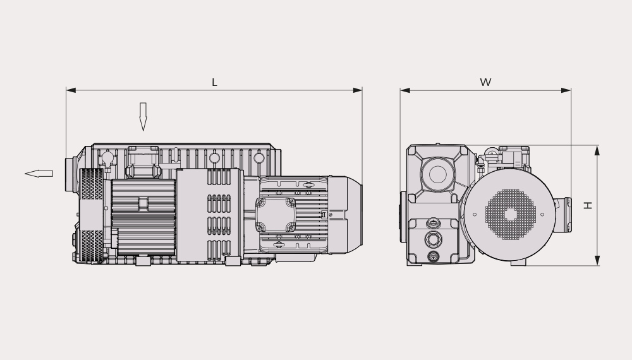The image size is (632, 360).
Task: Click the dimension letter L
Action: (x=214, y=83)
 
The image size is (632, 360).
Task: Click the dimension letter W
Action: (x=485, y=82)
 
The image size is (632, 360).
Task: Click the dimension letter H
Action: (x=588, y=205)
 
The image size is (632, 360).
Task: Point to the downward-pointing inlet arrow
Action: (x=143, y=117)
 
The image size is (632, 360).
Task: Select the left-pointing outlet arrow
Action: (x=39, y=174)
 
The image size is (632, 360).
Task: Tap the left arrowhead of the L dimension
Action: (x=71, y=90)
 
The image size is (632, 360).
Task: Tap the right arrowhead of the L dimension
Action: (x=358, y=90)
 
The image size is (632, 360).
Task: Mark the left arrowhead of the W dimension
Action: (x=405, y=90)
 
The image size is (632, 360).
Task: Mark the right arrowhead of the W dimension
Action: (x=566, y=90)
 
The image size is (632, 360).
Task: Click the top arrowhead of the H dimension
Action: (x=597, y=150)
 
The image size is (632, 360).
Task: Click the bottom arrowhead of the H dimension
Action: (x=597, y=261)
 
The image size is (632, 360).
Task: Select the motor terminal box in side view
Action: (x=276, y=215)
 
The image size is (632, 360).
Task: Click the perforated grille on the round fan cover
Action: (x=511, y=214)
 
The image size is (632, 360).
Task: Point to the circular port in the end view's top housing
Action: (x=438, y=174)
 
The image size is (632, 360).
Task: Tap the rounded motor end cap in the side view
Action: (x=346, y=215)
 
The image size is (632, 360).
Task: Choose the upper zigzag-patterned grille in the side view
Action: (x=91, y=184)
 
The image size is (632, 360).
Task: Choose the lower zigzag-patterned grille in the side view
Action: (x=92, y=246)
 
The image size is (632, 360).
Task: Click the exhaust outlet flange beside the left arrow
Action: (x=71, y=174)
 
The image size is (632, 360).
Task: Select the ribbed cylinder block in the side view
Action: (x=143, y=217)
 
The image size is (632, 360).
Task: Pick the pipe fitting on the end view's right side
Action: (x=564, y=215)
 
